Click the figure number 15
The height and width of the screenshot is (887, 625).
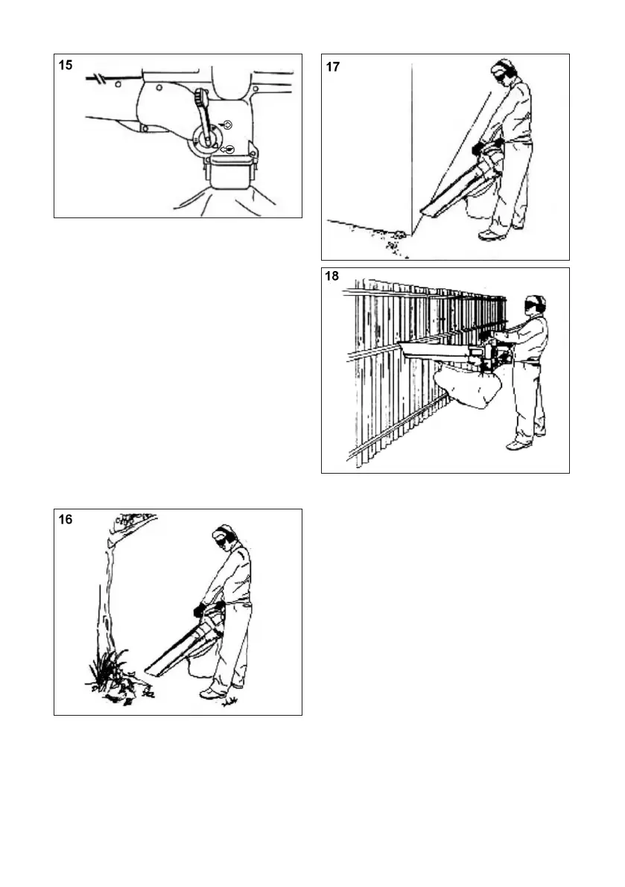coord(66,66)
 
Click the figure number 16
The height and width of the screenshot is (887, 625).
coord(66,521)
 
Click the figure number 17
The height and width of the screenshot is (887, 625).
coord(333,67)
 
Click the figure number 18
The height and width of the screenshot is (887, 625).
coord(333,276)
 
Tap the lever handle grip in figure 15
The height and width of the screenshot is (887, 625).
coord(200,100)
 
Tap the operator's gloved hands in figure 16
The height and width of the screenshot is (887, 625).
coord(200,610)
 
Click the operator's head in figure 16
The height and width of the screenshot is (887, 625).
coord(224,538)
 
